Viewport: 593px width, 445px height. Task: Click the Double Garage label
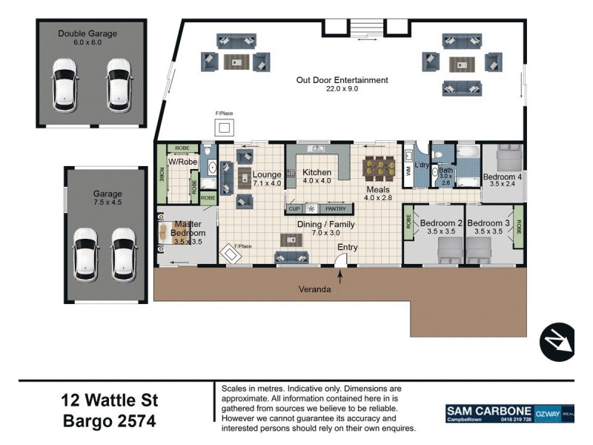(87, 33)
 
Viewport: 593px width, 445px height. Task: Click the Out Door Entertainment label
(342, 80)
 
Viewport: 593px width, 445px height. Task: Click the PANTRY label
(336, 209)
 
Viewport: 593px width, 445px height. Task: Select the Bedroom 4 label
(503, 177)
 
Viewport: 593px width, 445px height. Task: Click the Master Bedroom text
(188, 228)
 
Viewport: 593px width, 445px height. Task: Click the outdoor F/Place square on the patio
(224, 128)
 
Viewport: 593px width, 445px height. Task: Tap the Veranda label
(314, 289)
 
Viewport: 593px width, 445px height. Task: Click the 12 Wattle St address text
(109, 400)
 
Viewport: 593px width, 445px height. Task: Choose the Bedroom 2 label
(441, 223)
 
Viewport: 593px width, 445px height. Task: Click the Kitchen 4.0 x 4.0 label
(317, 177)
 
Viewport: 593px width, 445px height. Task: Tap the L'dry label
(422, 165)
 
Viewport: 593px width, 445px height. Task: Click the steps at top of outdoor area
(367, 28)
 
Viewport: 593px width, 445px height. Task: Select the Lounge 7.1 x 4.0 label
(267, 178)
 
